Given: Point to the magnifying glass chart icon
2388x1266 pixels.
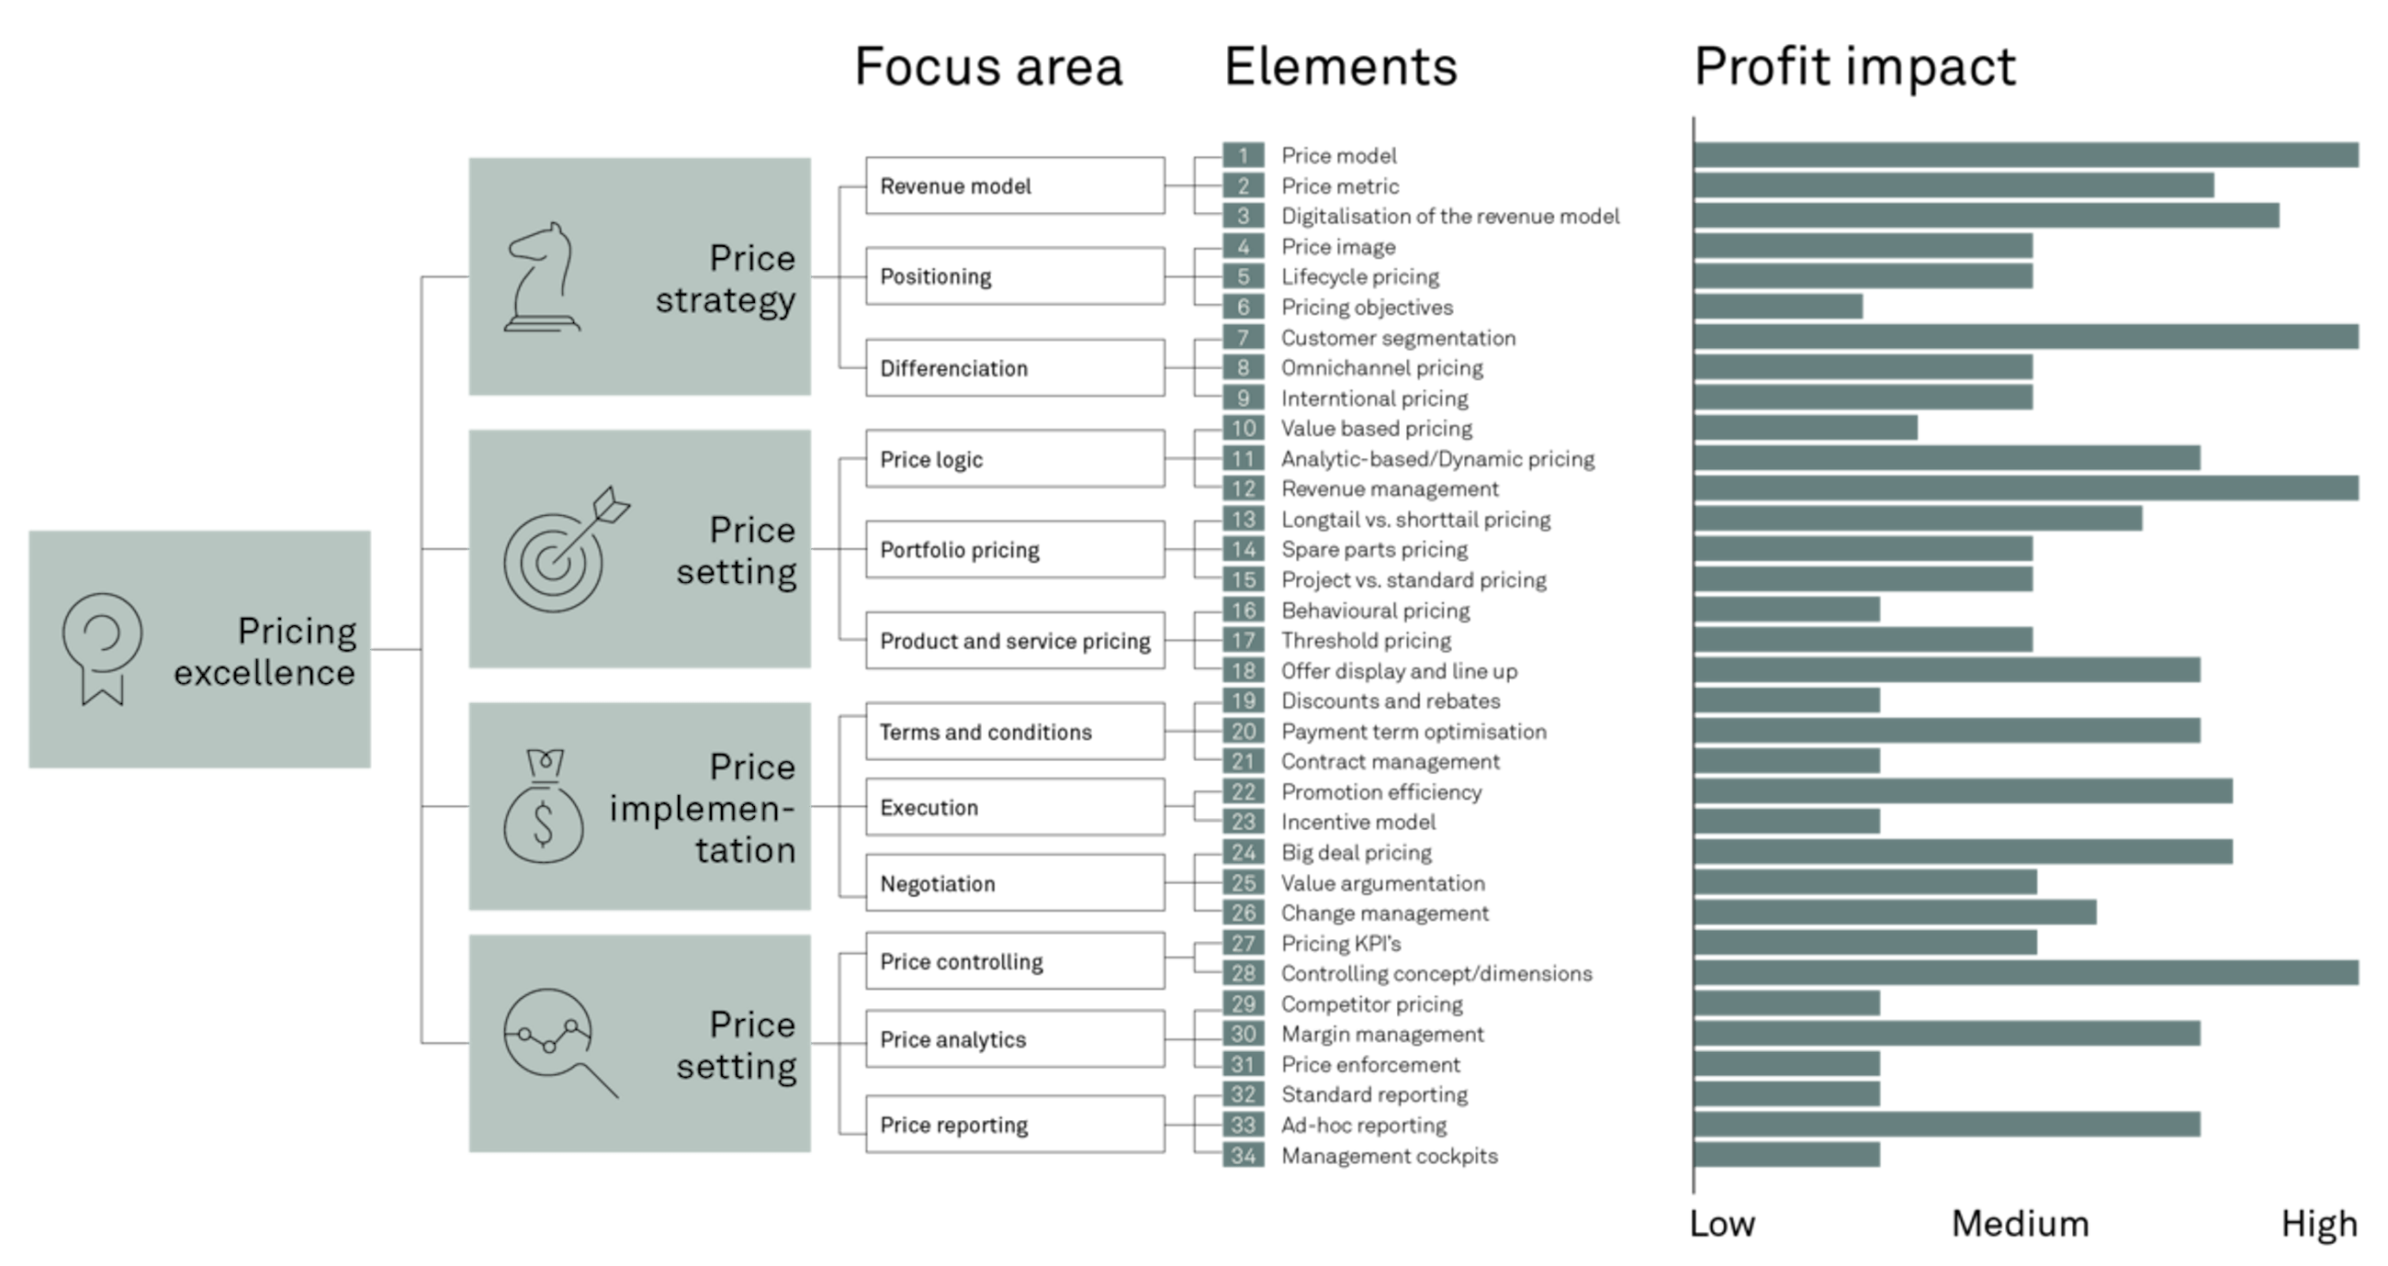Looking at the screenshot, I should [557, 1041].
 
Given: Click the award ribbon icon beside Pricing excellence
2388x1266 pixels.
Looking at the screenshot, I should [102, 649].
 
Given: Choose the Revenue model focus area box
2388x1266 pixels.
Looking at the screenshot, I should [1014, 186].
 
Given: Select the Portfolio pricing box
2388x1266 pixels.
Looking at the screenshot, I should [1014, 550].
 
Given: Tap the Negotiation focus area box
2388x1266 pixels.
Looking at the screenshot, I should [1014, 883].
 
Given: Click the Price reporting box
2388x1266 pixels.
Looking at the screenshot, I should [1014, 1126].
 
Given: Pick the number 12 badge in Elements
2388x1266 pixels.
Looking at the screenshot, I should [1243, 489].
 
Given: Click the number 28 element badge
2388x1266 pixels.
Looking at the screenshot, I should [1243, 973].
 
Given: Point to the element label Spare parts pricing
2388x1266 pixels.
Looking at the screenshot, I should [1374, 550].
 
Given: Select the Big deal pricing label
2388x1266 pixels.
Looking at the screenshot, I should [1357, 853].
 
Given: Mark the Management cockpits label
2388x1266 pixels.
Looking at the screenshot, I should [1389, 1156].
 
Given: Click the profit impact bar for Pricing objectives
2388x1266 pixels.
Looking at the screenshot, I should [1778, 307].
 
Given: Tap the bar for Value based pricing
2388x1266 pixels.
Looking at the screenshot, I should [1806, 428].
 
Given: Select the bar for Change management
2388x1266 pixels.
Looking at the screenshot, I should [1896, 913].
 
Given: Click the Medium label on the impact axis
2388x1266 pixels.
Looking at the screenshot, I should [2020, 1225].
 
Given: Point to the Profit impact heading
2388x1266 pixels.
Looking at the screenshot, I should [1855, 67].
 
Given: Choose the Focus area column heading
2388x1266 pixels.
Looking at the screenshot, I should [988, 67].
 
